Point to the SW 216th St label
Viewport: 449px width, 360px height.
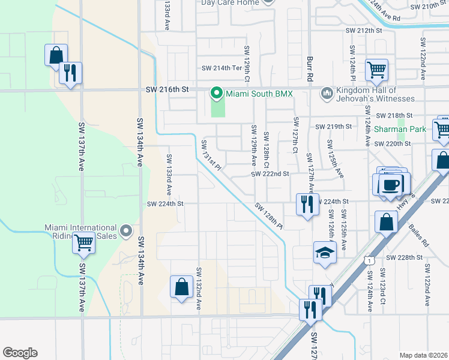click(167, 89)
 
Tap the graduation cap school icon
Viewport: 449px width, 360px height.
click(325, 253)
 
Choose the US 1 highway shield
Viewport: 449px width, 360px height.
click(369, 260)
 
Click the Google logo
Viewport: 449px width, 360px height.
click(20, 353)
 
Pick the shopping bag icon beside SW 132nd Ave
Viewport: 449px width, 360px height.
click(181, 287)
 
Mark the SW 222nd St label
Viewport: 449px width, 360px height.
click(270, 174)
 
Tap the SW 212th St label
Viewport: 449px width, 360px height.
click(363, 31)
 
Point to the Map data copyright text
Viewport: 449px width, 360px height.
click(424, 355)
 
